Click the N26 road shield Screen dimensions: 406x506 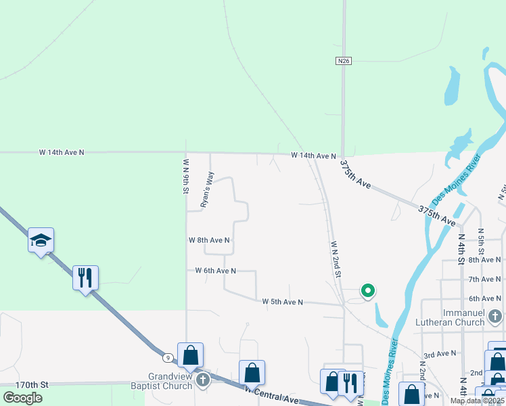click(x=344, y=61)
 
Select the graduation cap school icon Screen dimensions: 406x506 click(x=41, y=240)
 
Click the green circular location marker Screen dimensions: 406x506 click(x=368, y=291)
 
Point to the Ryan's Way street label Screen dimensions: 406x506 click(x=207, y=189)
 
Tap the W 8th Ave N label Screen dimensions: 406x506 click(x=209, y=240)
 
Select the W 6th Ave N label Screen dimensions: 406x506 click(x=216, y=271)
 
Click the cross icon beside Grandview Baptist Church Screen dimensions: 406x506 click(x=202, y=380)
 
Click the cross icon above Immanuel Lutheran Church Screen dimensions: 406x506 click(x=495, y=316)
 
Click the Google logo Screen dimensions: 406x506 click(x=23, y=397)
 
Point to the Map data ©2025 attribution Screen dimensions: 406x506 click(x=478, y=401)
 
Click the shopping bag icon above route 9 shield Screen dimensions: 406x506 click(x=191, y=354)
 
